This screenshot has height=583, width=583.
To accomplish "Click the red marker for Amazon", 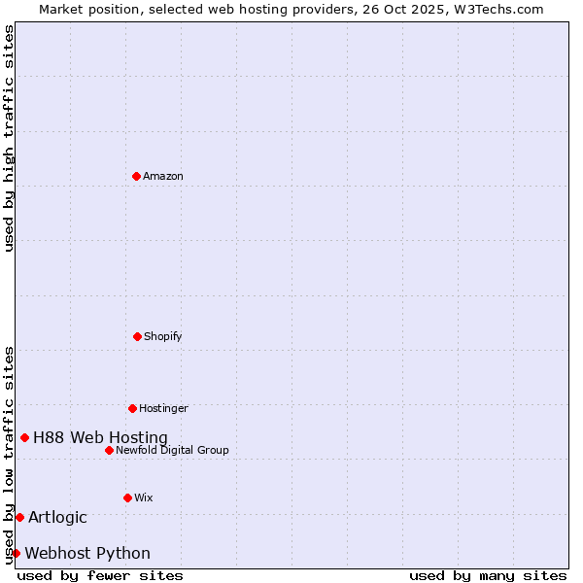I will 136,176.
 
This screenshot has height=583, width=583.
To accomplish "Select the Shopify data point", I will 137,336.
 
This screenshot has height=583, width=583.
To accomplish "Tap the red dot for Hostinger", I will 132,408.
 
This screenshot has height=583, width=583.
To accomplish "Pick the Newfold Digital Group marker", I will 109,450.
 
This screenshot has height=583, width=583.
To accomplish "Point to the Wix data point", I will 127,497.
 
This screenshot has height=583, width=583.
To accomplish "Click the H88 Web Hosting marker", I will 24,437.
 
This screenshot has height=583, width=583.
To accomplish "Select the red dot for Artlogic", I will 19,517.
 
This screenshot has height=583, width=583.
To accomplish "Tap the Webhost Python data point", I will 16,553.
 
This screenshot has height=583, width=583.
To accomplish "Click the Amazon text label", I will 163,176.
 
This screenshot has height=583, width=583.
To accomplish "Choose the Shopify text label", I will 163,336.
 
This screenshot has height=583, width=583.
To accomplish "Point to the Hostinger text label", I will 163,408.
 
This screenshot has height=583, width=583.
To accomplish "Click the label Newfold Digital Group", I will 172,450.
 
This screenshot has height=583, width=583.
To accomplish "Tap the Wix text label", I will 144,497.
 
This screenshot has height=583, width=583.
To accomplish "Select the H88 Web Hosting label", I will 100,438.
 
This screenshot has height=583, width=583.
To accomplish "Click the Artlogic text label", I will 57,517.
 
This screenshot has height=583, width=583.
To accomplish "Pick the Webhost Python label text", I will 87,554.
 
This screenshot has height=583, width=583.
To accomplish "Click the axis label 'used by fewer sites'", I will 100,575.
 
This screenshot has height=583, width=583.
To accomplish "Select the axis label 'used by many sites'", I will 488,575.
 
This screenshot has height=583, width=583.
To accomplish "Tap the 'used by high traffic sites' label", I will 9,138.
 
